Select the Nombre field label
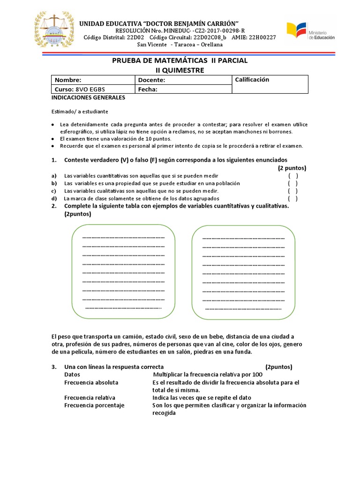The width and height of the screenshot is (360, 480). [68, 80]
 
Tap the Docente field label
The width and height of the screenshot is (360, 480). [152, 80]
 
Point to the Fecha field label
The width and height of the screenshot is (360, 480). [148, 90]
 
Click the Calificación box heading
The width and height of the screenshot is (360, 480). [252, 80]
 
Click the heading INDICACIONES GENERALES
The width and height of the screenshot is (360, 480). [88, 98]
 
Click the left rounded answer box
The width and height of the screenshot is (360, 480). [123, 272]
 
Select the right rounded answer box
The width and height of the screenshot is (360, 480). [243, 272]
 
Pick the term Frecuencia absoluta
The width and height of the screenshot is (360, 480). [91, 382]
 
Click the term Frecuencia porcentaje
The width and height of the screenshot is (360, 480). [94, 405]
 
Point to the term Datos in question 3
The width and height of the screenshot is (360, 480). [72, 375]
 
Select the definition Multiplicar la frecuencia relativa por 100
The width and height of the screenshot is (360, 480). [208, 375]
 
